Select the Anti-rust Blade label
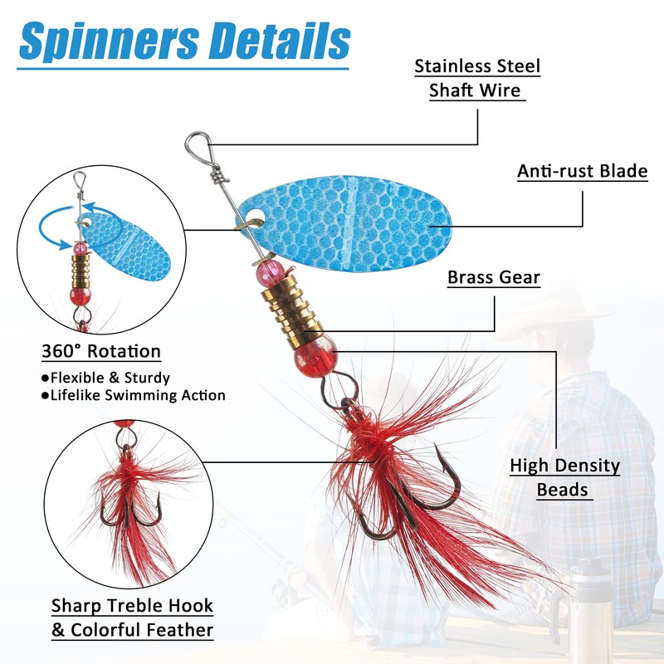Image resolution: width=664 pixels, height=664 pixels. (582, 172)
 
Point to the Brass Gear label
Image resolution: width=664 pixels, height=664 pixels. (494, 277)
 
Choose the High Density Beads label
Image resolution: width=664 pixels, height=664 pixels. (564, 477)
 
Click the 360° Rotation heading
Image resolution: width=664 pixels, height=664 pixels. (100, 352)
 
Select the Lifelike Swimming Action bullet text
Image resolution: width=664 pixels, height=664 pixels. (133, 395)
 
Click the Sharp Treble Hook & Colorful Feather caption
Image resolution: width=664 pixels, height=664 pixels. (132, 618)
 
